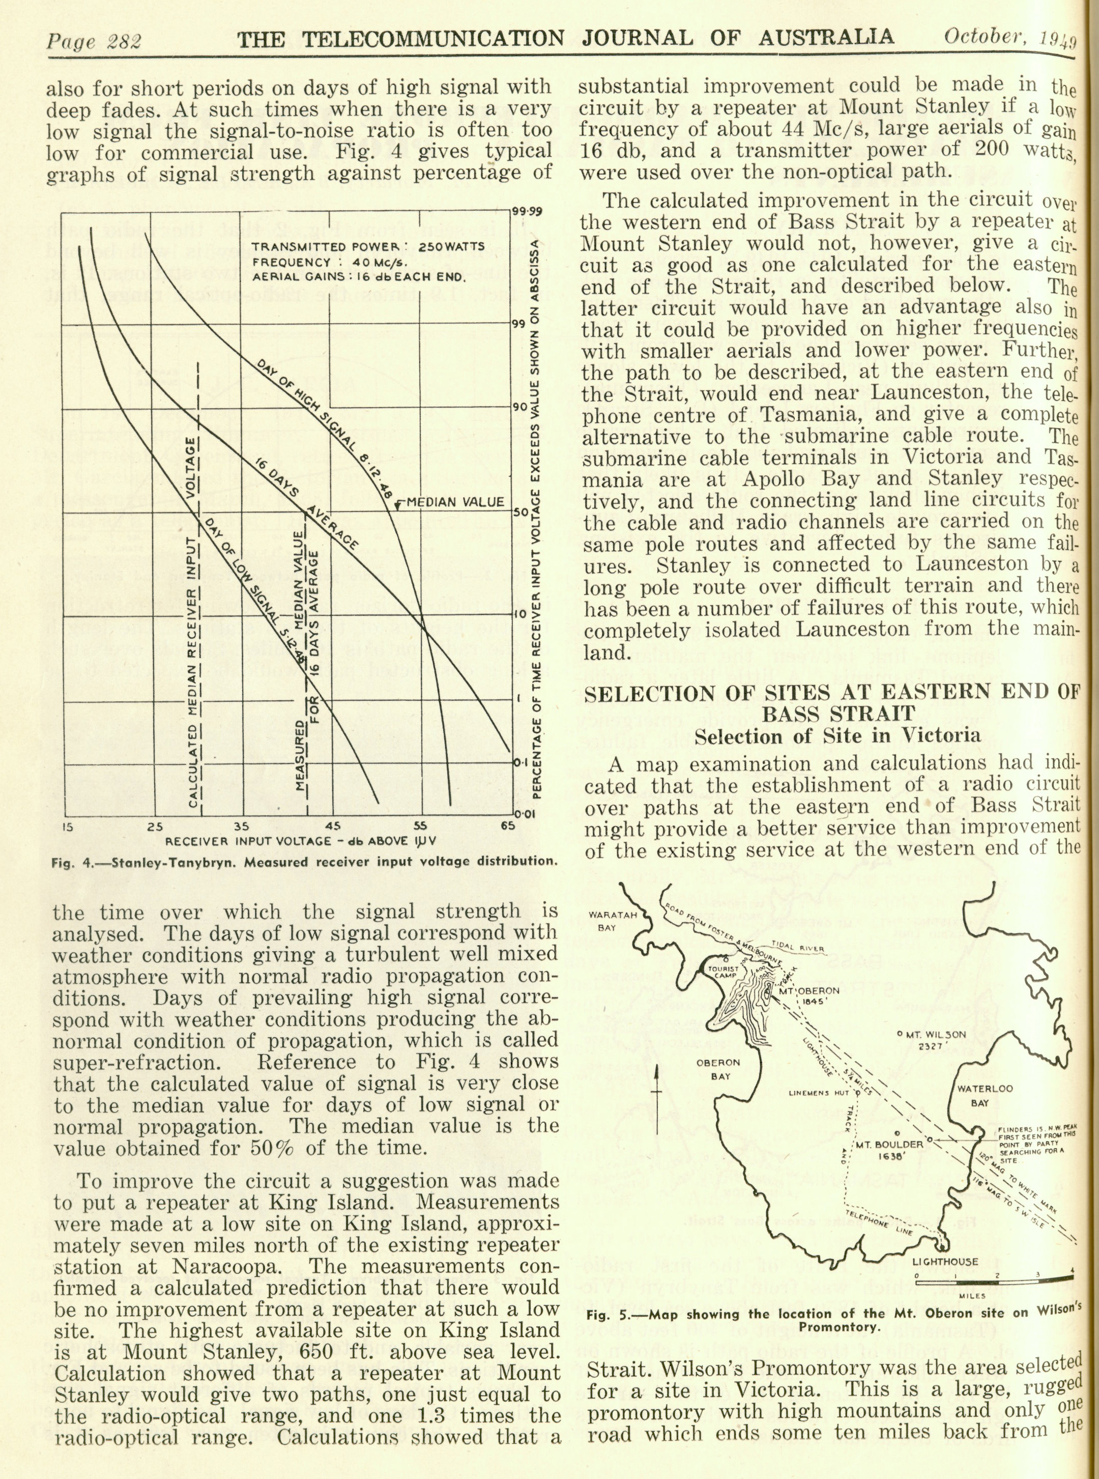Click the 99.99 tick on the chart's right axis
528,213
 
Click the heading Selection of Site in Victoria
837,736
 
